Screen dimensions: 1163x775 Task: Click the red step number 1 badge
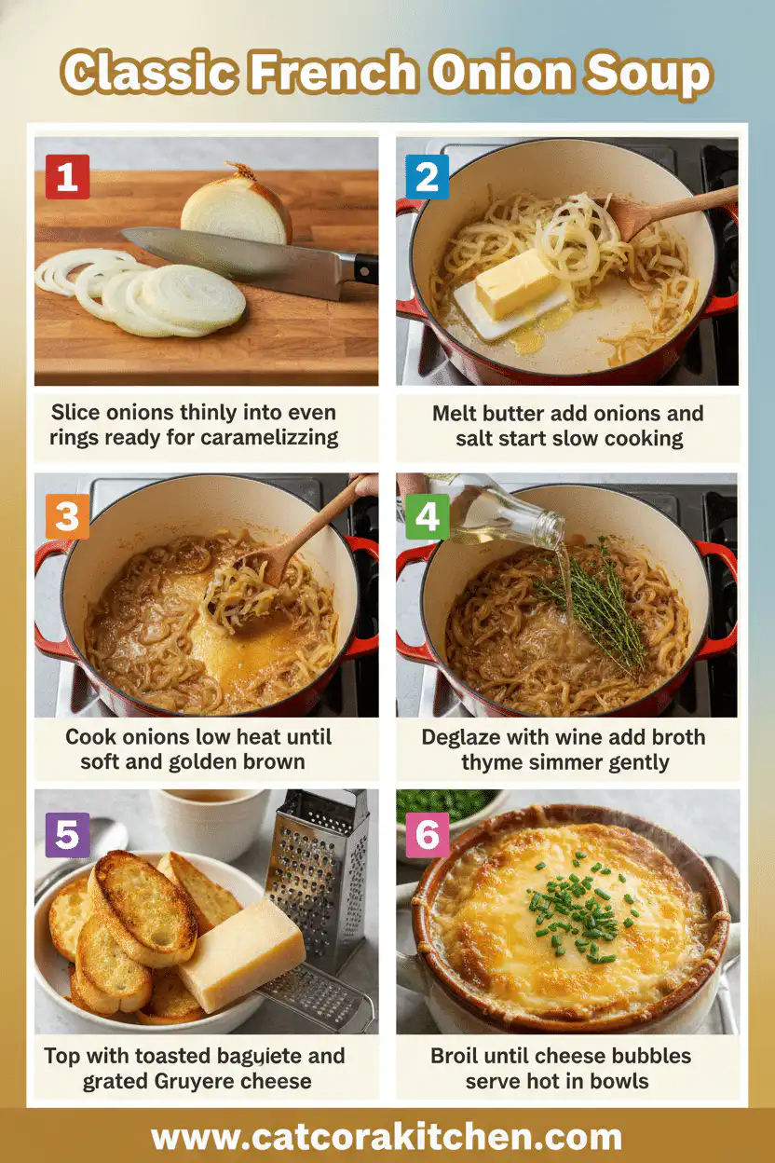click(67, 177)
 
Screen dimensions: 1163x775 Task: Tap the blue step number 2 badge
click(427, 177)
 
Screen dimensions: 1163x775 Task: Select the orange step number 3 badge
click(67, 517)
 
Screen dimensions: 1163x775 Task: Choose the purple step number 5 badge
click(67, 835)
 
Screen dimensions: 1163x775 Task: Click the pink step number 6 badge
click(427, 835)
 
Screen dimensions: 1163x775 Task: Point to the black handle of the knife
click(365, 269)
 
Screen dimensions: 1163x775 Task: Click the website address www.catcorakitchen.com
click(387, 1137)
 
